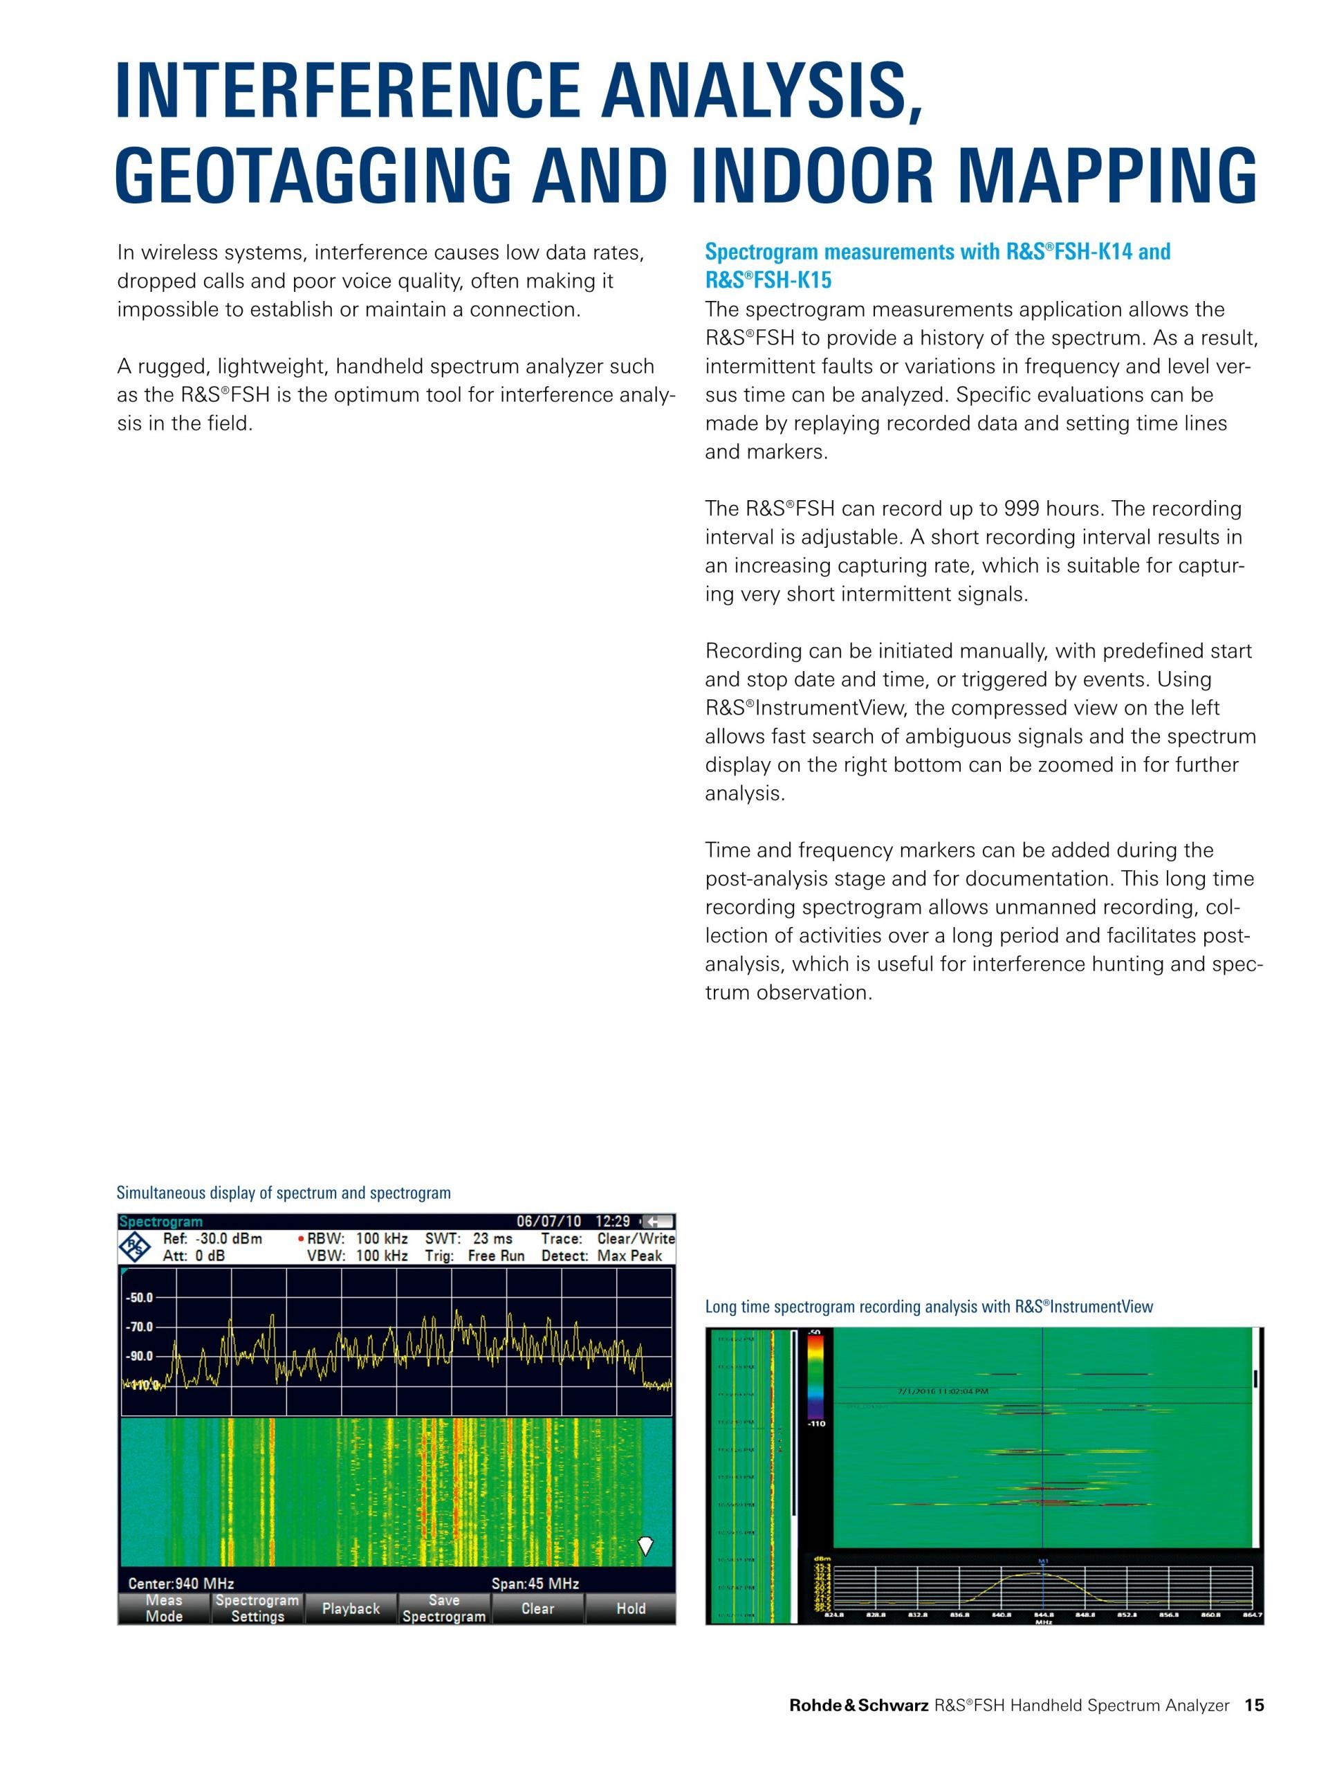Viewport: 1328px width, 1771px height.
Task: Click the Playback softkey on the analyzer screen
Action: (351, 1608)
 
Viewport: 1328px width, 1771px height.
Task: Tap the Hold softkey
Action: (631, 1608)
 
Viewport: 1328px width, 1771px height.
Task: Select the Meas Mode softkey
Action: (164, 1608)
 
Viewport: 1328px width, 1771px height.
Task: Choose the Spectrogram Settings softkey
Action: (257, 1608)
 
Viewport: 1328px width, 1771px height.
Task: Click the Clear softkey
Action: (537, 1608)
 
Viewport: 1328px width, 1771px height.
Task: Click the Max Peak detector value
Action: (629, 1256)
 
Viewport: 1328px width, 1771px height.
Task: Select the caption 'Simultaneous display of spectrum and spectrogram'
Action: (284, 1193)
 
